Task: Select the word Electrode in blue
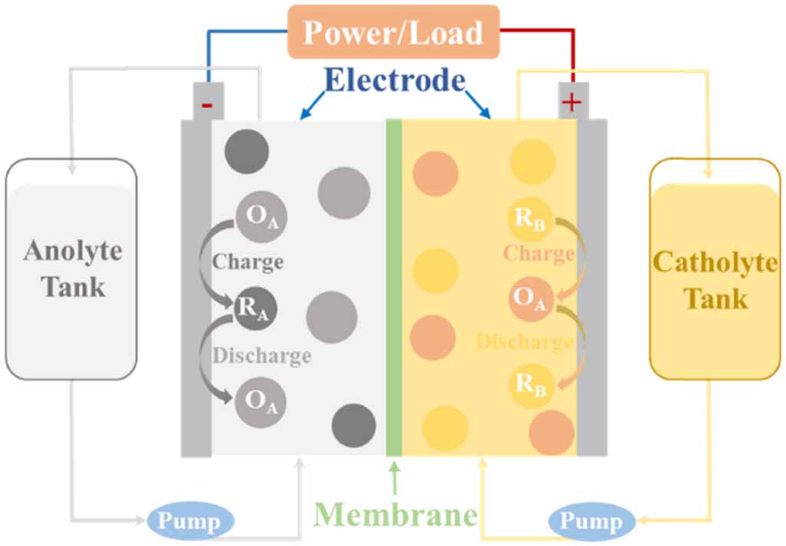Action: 395,80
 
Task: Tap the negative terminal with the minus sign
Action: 207,104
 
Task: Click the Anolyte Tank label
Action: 73,268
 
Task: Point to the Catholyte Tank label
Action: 715,280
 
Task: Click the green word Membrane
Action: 395,515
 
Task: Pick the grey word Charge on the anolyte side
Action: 248,262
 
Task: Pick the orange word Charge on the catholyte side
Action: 538,254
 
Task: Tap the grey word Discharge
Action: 261,356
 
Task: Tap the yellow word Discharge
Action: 525,341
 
